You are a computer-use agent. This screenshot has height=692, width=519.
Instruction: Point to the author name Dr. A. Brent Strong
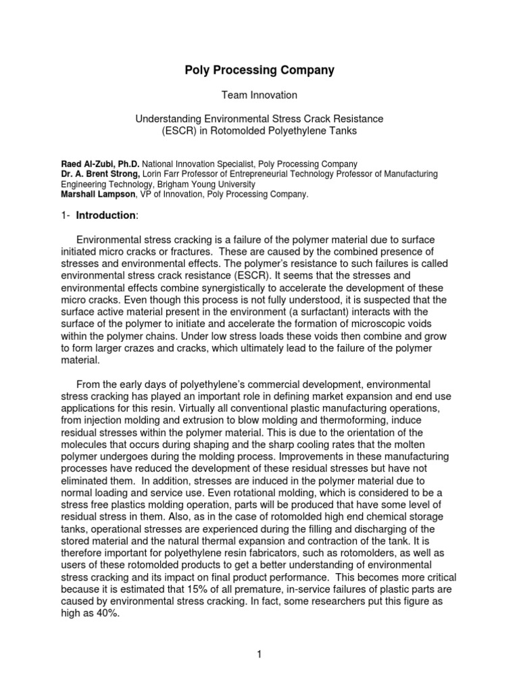pos(101,174)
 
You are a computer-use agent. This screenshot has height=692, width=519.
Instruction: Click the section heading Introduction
pos(106,215)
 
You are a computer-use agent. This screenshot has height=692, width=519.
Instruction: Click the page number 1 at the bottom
pos(259,653)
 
